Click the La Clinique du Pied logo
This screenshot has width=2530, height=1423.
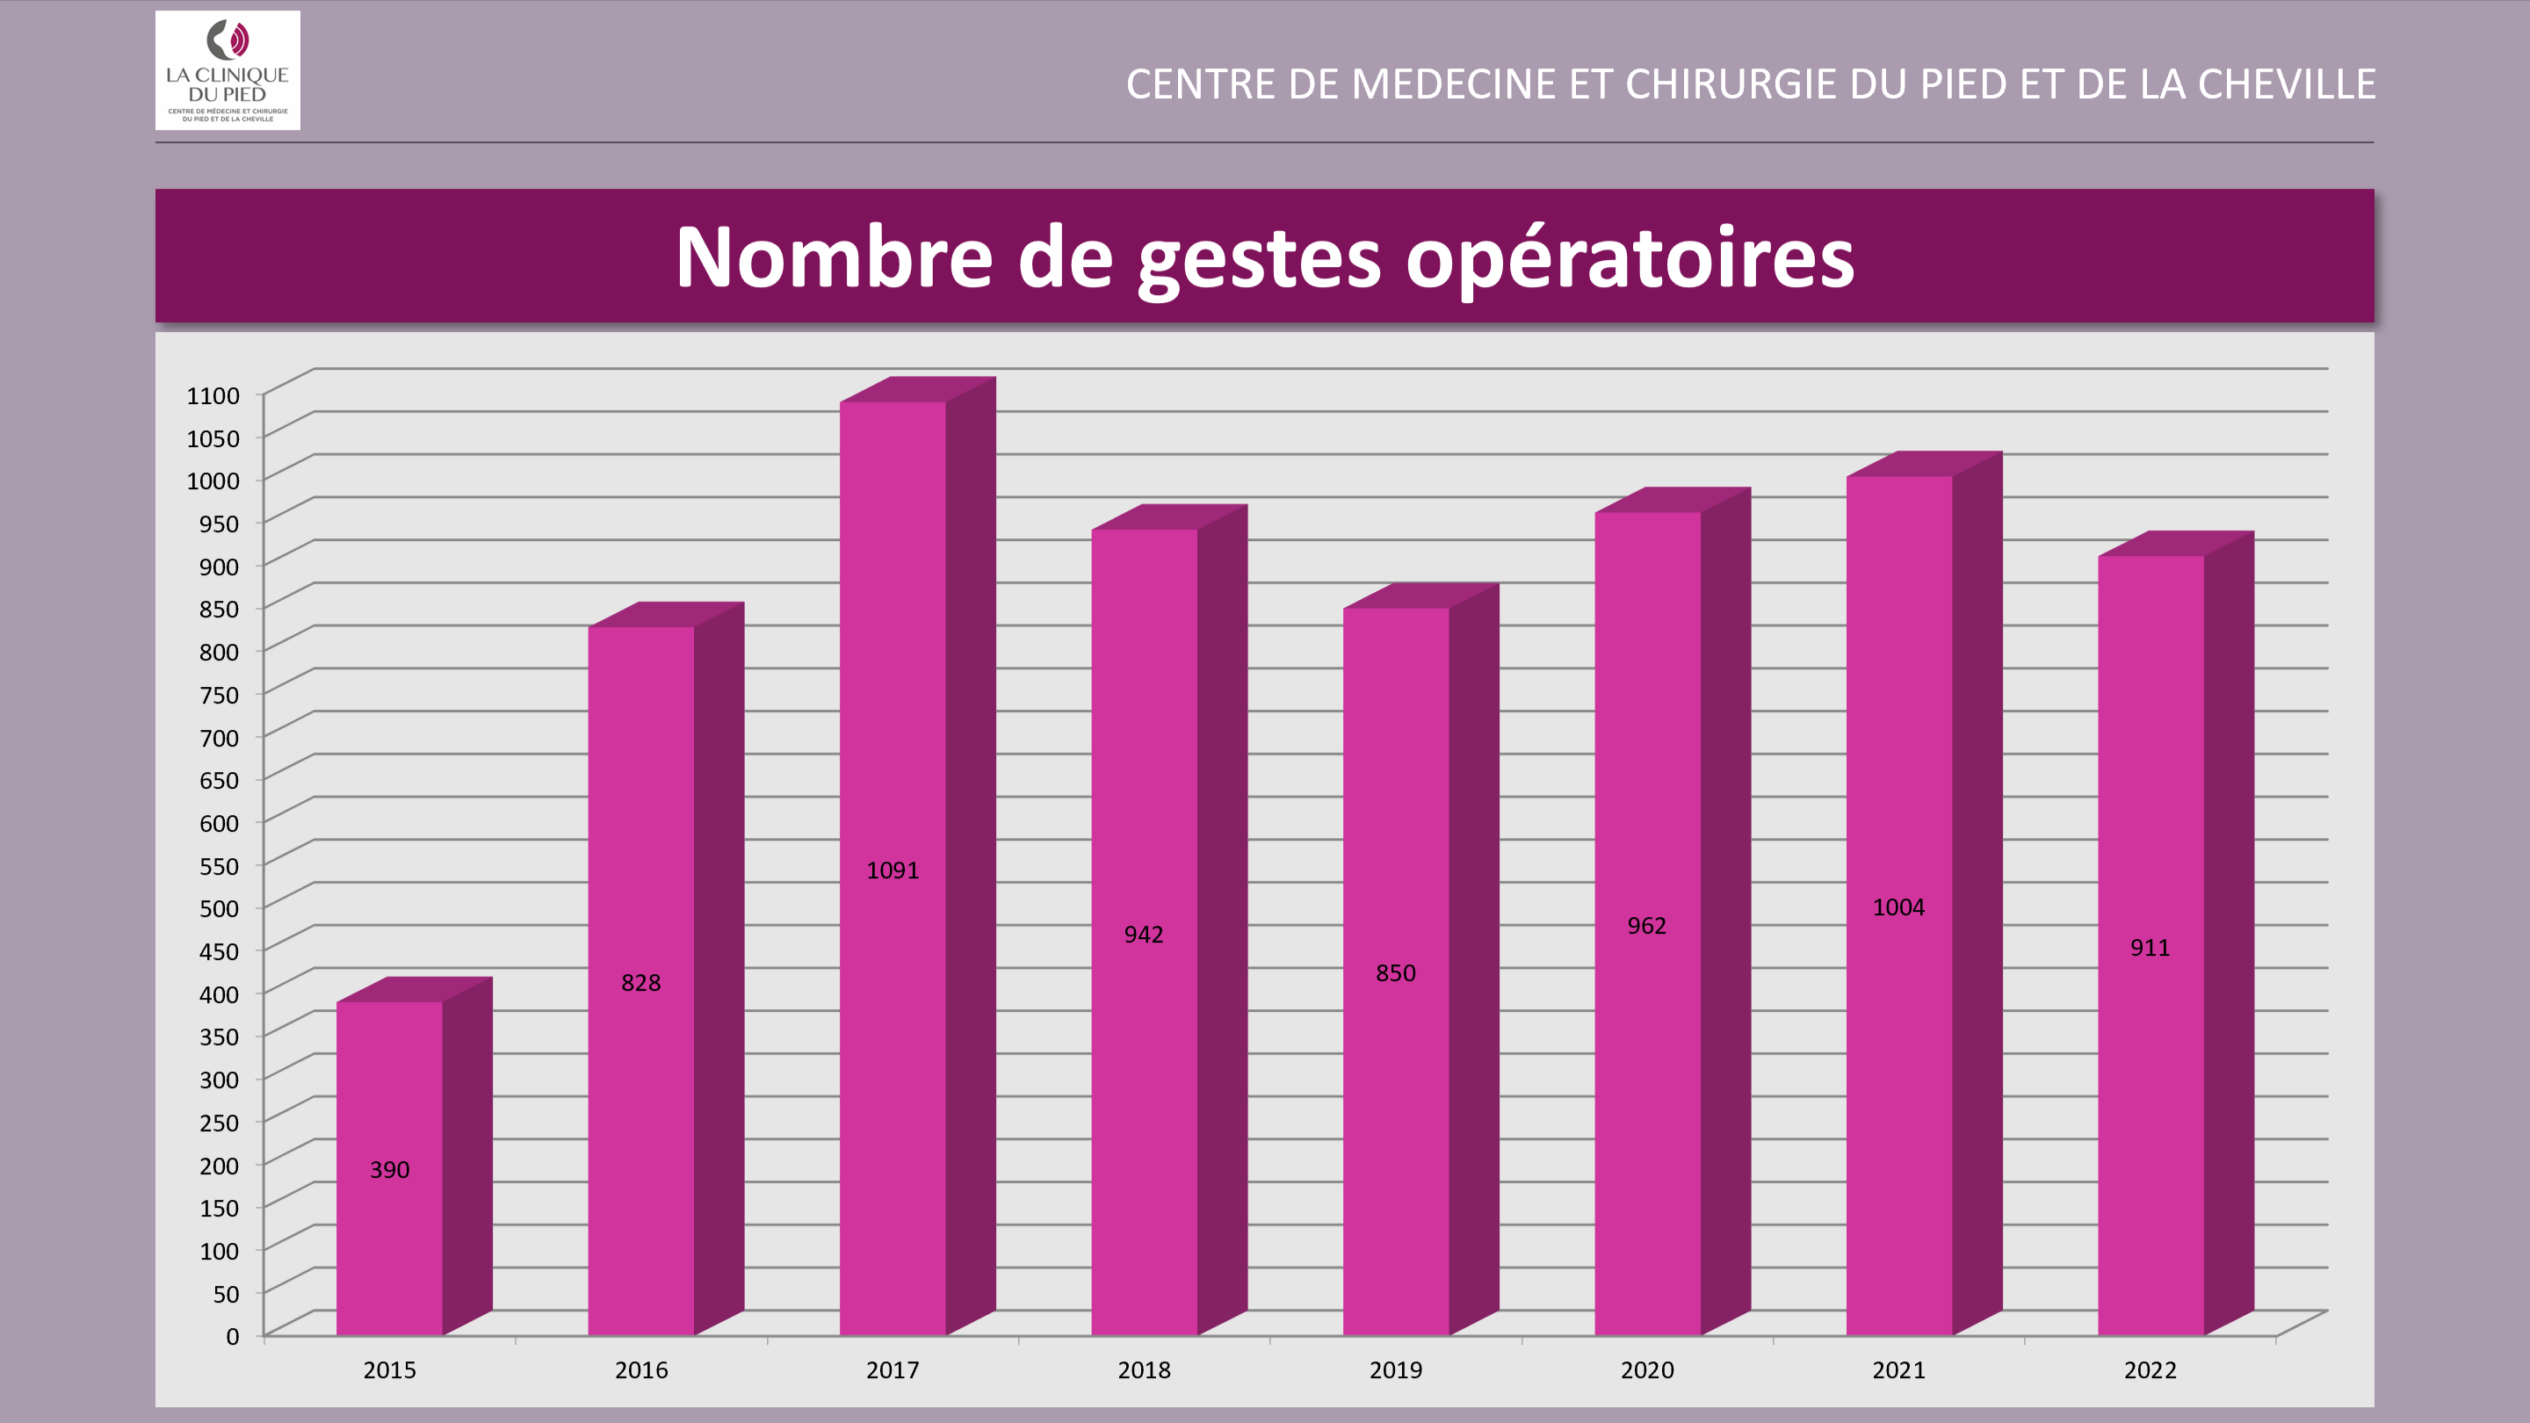click(x=227, y=69)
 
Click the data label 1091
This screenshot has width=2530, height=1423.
click(x=893, y=870)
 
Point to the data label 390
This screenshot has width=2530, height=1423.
click(x=390, y=1170)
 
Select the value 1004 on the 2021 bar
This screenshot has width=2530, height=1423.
click(x=1898, y=907)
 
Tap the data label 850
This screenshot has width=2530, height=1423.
click(x=1396, y=973)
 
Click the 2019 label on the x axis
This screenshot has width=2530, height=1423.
click(x=1396, y=1370)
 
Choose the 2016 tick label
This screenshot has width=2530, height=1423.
click(x=641, y=1370)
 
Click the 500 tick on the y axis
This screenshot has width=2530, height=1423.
click(x=219, y=908)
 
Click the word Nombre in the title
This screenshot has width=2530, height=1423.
click(x=834, y=257)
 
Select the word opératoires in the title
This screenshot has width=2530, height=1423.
click(x=1630, y=259)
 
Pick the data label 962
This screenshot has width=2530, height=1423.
click(x=1647, y=926)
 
